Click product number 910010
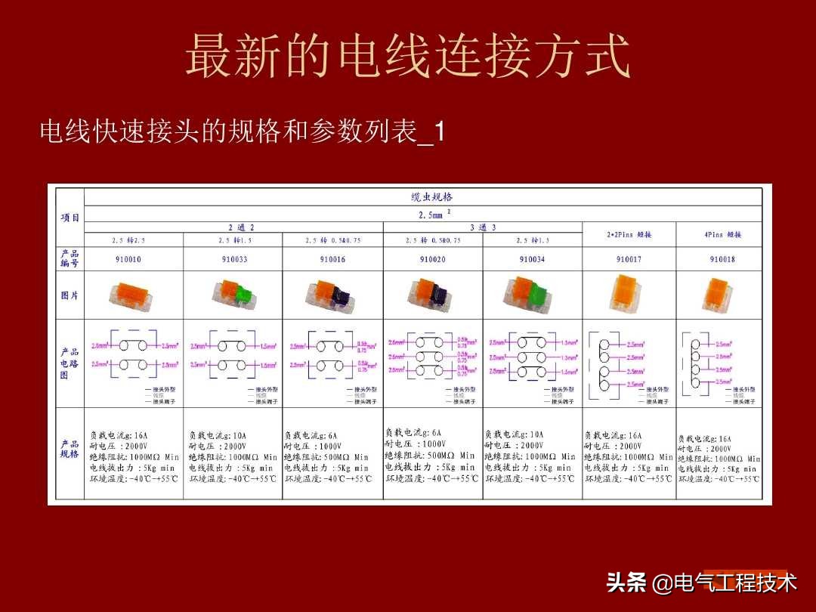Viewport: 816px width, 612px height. point(128,259)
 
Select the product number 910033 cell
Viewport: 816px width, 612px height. point(235,259)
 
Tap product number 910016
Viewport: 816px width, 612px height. point(332,259)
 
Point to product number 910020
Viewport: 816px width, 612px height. point(432,259)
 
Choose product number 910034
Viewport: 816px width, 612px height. point(532,259)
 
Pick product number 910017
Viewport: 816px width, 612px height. point(629,259)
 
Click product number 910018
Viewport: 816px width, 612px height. point(722,259)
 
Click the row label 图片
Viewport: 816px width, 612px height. point(70,295)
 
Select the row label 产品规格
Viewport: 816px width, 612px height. point(70,449)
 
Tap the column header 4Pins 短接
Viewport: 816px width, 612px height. point(722,235)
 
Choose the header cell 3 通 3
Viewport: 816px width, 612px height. point(483,227)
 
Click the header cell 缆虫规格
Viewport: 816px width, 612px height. point(432,197)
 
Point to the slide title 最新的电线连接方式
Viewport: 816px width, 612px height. point(408,57)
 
